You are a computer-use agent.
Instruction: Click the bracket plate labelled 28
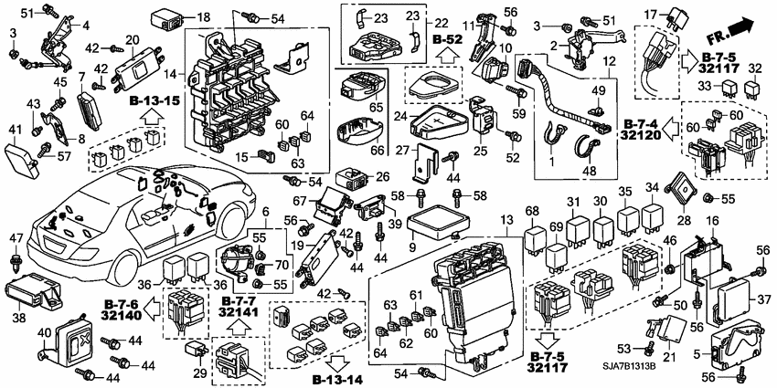click(685, 191)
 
